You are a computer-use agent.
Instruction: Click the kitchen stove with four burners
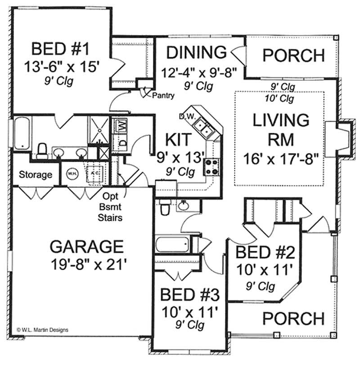(x=211, y=167)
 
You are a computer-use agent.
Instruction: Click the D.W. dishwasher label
(x=186, y=116)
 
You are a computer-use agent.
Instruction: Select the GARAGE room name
(x=86, y=247)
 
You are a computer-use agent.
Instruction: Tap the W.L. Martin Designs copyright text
(x=42, y=330)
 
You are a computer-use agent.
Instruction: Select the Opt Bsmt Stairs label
(x=111, y=207)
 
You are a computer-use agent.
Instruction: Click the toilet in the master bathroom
(x=42, y=150)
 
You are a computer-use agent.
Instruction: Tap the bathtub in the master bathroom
(x=21, y=133)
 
